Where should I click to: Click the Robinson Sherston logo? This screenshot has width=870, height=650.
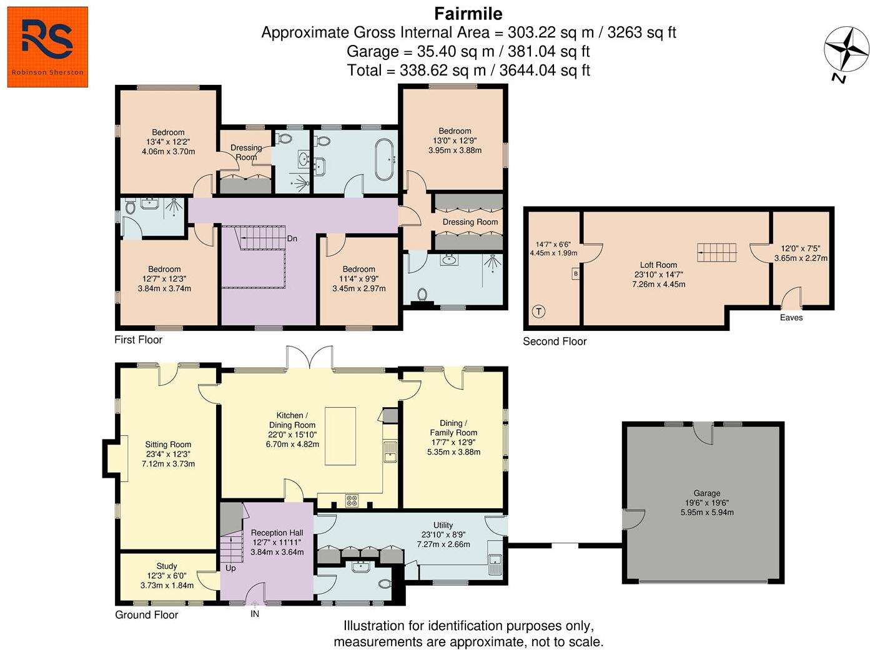(x=47, y=47)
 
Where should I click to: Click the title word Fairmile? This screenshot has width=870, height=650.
(x=468, y=14)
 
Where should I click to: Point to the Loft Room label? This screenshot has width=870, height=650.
(x=658, y=265)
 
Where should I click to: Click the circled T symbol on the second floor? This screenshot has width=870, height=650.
(x=538, y=311)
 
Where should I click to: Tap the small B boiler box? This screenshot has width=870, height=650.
(x=575, y=273)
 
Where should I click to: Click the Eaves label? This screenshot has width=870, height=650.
(x=791, y=317)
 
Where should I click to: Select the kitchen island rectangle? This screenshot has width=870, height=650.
(x=340, y=436)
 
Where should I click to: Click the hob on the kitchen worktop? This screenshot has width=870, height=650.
(x=351, y=501)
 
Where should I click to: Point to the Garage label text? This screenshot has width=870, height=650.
(x=707, y=493)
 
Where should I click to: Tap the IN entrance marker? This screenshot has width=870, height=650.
(x=254, y=614)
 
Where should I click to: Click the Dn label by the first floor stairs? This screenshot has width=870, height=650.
(x=292, y=239)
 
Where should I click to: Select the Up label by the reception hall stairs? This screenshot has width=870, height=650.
(x=230, y=568)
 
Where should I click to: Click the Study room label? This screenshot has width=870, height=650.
(x=167, y=566)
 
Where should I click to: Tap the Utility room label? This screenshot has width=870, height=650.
(x=443, y=525)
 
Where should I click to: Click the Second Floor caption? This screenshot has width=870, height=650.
(x=555, y=342)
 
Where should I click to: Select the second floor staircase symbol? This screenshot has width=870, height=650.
(x=716, y=253)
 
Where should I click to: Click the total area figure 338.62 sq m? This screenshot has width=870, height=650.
(x=442, y=71)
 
